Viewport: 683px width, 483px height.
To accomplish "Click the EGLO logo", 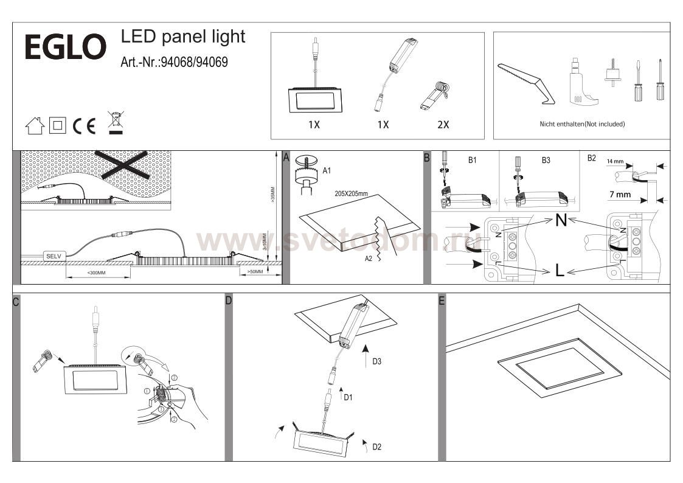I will [x=65, y=47].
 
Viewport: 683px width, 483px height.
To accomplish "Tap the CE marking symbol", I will [x=84, y=126].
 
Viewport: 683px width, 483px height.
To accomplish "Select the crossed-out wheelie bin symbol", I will [x=115, y=122].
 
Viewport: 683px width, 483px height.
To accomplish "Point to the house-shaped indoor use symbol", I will [x=35, y=126].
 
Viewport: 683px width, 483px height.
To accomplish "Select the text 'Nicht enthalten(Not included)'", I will [x=582, y=124].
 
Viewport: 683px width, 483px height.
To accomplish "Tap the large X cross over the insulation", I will [x=125, y=165].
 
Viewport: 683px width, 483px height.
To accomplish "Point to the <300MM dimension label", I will [x=96, y=273].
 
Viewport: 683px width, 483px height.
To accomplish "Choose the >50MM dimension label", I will [x=255, y=271].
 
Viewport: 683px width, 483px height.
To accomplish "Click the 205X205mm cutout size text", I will [x=352, y=193].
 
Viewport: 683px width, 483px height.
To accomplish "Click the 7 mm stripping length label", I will [x=620, y=195].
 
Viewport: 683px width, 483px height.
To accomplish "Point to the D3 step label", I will [x=376, y=361].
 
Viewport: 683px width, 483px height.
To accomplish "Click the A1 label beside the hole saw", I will [x=327, y=170].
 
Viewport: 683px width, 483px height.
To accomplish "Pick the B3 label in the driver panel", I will [x=546, y=161].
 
